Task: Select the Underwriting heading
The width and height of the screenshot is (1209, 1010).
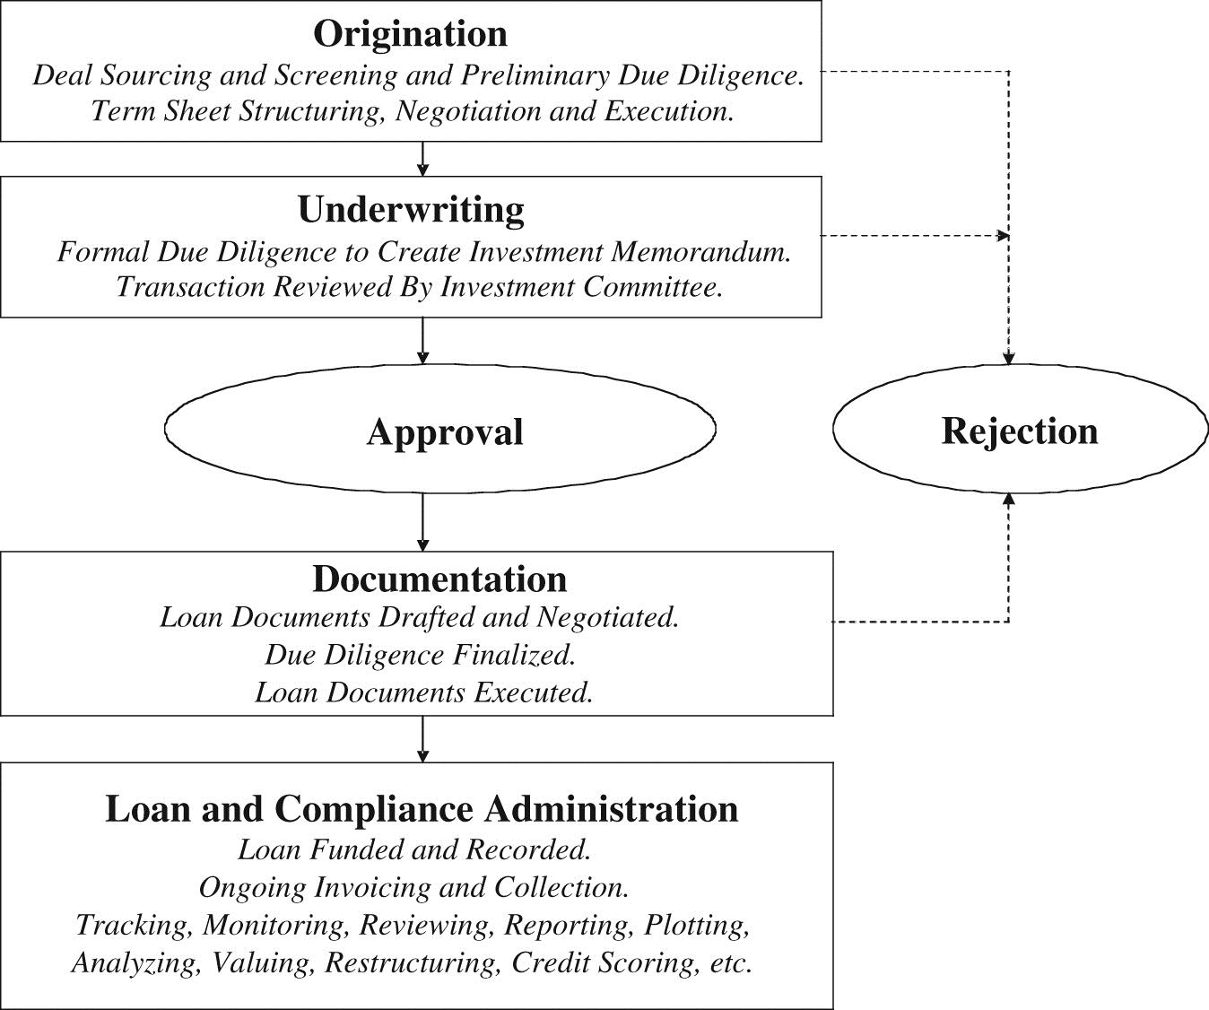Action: tap(411, 211)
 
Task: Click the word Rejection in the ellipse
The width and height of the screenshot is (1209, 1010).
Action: tap(1020, 432)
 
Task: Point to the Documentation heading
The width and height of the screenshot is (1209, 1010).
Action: tap(439, 579)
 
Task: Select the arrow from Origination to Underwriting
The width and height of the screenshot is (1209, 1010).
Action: tap(422, 159)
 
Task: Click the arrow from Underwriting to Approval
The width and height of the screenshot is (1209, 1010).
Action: tap(422, 341)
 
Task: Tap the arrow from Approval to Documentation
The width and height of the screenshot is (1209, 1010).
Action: tap(422, 522)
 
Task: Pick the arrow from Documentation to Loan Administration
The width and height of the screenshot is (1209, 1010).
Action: tap(422, 739)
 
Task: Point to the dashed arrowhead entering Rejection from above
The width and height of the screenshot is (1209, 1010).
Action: tap(1009, 358)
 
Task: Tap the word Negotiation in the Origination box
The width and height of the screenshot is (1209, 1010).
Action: tap(468, 111)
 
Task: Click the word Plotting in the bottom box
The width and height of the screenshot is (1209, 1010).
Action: tap(697, 926)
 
